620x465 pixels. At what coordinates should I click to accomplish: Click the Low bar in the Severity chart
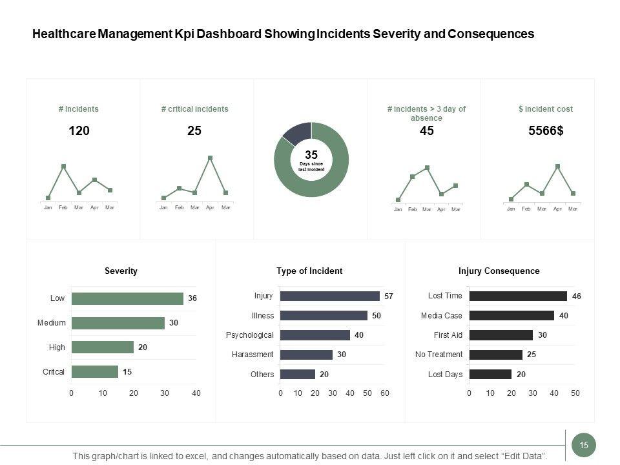[127, 298]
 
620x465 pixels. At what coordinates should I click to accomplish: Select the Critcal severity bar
[95, 371]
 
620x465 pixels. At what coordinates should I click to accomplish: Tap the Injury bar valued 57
[330, 296]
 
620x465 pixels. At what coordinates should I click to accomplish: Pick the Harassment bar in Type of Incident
[306, 355]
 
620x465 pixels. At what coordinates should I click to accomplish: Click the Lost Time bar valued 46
[518, 296]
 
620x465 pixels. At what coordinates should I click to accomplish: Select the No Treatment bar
[495, 355]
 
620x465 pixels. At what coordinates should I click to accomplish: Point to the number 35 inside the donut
[311, 155]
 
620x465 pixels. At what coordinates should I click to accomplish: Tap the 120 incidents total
[79, 131]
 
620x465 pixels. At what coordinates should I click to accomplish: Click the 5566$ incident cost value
[546, 131]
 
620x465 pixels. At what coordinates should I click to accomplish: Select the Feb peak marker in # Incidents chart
[63, 167]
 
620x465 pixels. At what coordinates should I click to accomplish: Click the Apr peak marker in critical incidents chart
[210, 158]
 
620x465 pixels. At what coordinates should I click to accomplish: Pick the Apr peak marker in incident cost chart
[557, 167]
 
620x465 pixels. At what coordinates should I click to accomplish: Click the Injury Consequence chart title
[499, 271]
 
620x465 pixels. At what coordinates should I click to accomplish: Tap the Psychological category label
[249, 335]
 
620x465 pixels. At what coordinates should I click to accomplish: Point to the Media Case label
[441, 316]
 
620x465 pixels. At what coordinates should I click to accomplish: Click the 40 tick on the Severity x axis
[196, 393]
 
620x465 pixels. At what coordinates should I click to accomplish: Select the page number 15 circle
[584, 445]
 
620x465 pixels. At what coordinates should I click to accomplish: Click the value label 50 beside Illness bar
[376, 316]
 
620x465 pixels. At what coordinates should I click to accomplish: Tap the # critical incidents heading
[194, 109]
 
